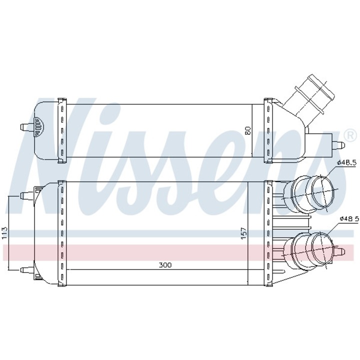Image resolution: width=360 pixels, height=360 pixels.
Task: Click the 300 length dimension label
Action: click(165, 265)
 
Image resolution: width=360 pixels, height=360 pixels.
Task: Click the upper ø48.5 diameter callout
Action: click(347, 162)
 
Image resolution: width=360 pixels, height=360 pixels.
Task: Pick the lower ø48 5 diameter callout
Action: click(348, 219)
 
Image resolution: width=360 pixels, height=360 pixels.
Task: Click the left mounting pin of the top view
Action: click(25, 127)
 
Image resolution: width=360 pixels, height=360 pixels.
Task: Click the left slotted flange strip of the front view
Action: click(62, 232)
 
